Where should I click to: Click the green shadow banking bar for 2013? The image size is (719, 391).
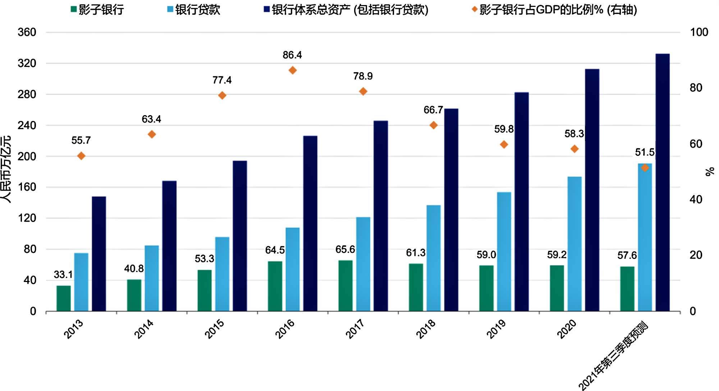coord(64,298)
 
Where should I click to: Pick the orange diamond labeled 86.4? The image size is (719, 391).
coord(293,70)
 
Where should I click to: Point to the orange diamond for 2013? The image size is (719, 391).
coord(81,156)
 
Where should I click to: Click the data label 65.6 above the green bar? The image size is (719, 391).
coord(345,249)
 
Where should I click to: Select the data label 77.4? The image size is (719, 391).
coord(222,80)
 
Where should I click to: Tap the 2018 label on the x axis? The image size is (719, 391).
coord(426,329)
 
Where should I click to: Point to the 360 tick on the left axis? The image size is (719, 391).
coord(27,32)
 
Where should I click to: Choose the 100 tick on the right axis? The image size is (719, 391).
coord(699,32)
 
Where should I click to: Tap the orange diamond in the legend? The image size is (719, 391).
coord(475,10)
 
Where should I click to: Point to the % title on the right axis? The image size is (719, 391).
coord(710,172)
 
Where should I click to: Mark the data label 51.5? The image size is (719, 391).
coord(645,152)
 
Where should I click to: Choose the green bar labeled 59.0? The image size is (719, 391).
coord(486,288)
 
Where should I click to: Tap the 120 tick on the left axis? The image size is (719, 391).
coord(27,218)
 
